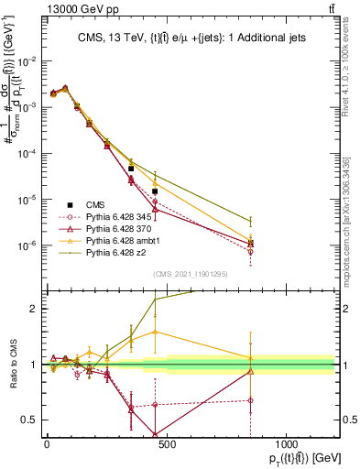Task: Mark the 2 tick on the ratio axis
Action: [x=34, y=309]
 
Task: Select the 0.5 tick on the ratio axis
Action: [x=30, y=420]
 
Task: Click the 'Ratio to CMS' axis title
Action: [x=12, y=364]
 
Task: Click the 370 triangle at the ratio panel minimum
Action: [x=155, y=434]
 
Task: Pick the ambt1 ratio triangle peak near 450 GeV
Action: [x=155, y=332]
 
